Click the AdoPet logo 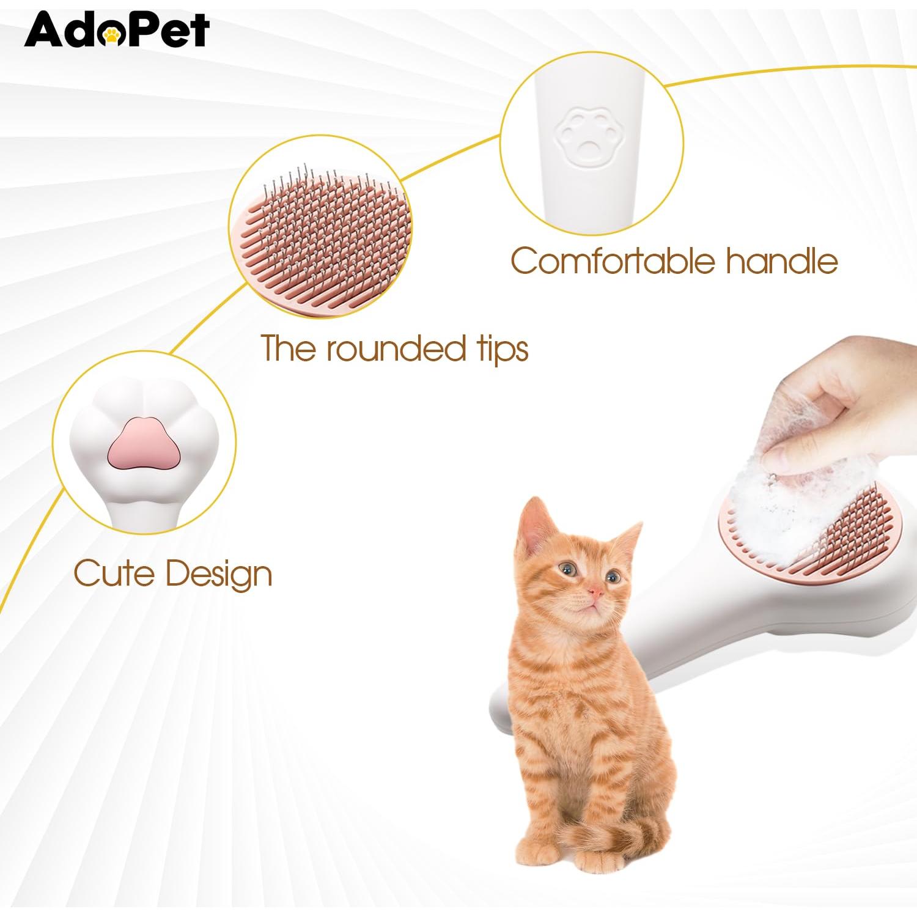point(117,29)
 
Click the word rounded point(395,349)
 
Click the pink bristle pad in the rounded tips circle point(318,245)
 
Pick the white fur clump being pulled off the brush point(764,507)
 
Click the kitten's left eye point(568,569)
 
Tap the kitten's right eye point(611,575)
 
